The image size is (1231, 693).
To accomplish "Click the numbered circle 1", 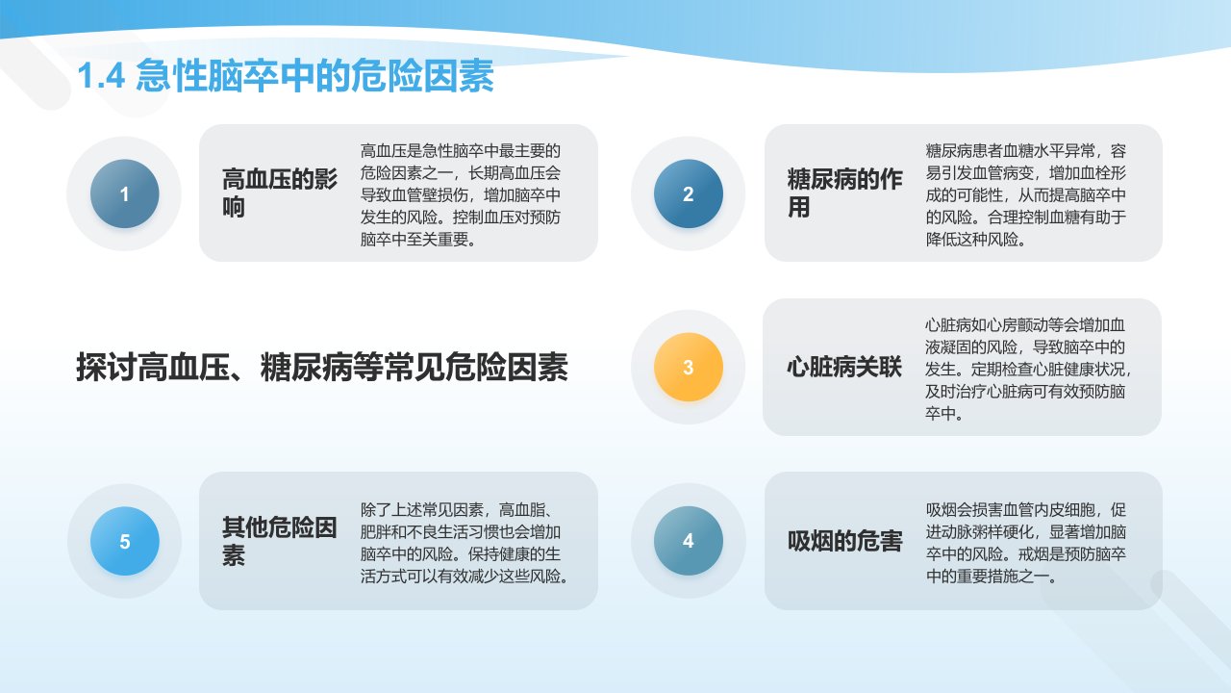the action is click(125, 193).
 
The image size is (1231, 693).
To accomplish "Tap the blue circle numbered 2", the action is click(688, 193).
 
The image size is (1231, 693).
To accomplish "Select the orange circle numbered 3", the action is click(688, 367).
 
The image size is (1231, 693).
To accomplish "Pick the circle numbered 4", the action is click(688, 541).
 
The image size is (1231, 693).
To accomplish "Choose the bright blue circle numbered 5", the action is click(125, 541).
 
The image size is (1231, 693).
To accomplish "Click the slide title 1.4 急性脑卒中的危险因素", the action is click(286, 75).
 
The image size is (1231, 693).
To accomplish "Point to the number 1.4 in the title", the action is click(101, 76).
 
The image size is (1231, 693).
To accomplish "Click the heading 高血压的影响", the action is click(279, 193).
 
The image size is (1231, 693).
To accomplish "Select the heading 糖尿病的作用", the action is click(844, 193).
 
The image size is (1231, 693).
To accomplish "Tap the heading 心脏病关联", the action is click(844, 367).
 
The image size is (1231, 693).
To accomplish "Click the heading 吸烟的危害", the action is click(844, 541).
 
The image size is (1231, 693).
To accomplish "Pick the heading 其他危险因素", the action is click(279, 541).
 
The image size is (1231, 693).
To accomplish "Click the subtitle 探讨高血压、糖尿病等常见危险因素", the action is click(322, 367).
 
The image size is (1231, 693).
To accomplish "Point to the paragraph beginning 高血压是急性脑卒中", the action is click(461, 194).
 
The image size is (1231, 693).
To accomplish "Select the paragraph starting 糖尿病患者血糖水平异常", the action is click(1026, 194).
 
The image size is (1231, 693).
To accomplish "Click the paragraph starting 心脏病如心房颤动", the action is click(1028, 369).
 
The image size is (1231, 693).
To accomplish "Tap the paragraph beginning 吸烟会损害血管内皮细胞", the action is click(1026, 543).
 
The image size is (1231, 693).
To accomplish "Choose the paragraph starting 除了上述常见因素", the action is click(465, 543).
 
